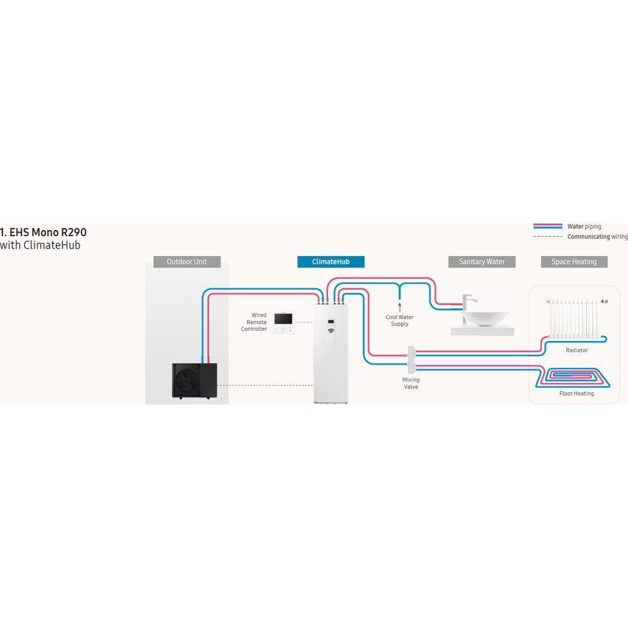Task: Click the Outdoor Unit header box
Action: tap(187, 261)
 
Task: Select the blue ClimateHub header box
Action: tap(331, 261)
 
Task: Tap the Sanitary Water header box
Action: tap(482, 261)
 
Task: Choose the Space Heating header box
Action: tap(574, 261)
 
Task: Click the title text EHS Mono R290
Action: tap(43, 232)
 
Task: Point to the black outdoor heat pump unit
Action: tap(195, 381)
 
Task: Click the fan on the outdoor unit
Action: tap(187, 381)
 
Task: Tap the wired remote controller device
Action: tap(284, 322)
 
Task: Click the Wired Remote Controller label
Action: tap(254, 322)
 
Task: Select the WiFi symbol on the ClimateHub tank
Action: tap(331, 331)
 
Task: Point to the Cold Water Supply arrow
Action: tap(399, 307)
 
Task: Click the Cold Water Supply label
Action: tap(399, 320)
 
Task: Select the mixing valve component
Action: tap(411, 359)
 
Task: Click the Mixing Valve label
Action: tap(411, 383)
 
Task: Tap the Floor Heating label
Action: tap(577, 394)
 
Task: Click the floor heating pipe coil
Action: tap(573, 378)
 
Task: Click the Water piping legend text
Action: tap(584, 227)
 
